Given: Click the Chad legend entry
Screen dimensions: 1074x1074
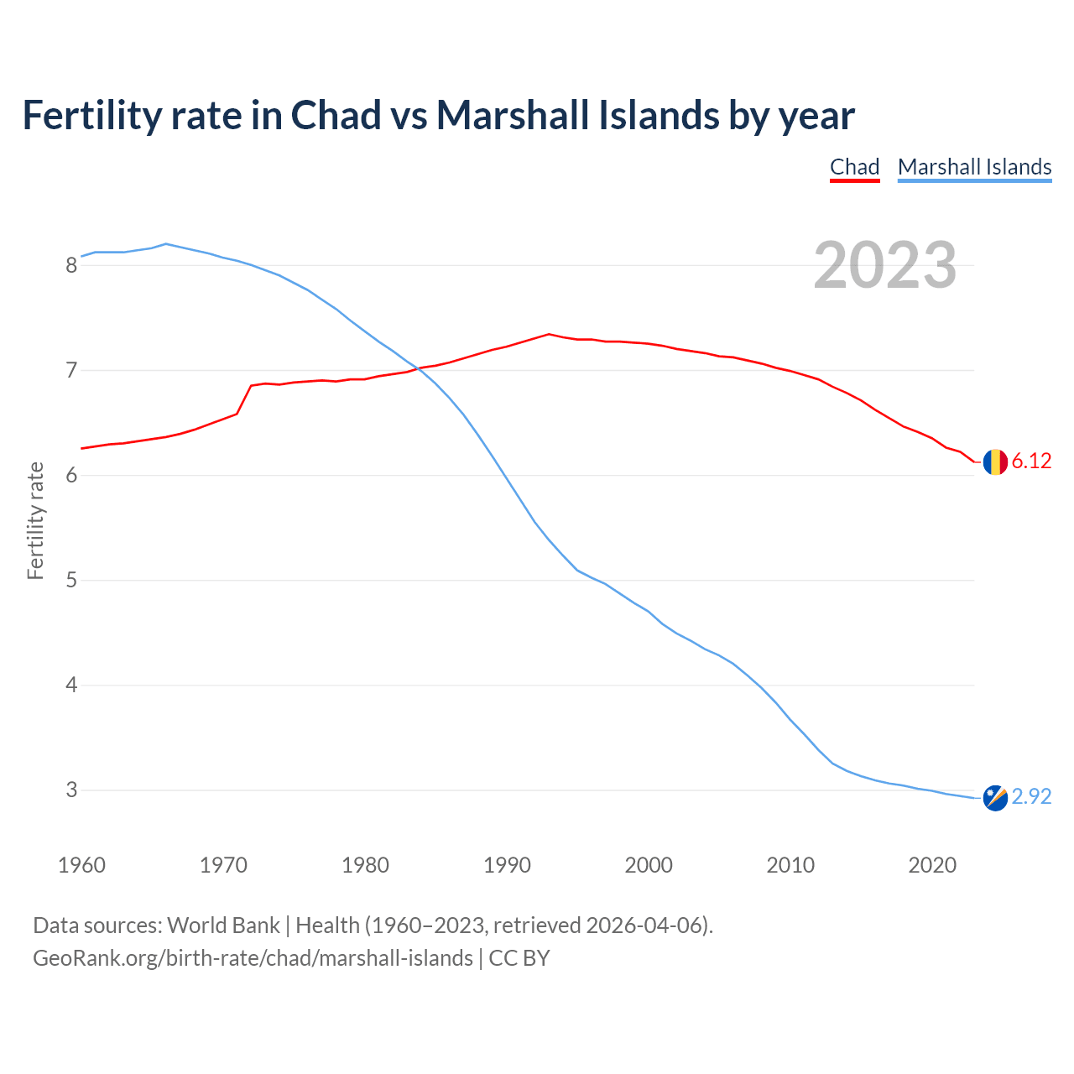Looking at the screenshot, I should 854,167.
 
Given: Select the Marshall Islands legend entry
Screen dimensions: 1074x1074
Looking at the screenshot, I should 974,167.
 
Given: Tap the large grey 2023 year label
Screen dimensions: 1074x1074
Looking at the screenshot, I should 885,265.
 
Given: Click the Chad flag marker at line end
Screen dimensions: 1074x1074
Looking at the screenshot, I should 995,461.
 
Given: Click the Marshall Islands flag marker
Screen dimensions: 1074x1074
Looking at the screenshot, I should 995,798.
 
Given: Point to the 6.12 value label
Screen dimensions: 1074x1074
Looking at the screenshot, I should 1031,461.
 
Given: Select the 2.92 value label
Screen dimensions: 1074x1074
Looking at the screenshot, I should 1031,797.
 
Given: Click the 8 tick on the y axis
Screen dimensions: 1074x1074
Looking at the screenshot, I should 71,266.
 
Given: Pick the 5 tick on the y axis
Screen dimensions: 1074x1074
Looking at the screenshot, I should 71,581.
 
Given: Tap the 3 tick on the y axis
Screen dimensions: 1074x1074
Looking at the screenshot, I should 71,790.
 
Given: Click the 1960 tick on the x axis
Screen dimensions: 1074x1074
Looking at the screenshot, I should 81,865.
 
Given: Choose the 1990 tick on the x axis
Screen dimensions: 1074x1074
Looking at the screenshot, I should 507,865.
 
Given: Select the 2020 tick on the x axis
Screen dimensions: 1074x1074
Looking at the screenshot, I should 932,865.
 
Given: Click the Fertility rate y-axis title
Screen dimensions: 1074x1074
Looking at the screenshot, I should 35,520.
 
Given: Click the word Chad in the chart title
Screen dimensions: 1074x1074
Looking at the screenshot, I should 336,115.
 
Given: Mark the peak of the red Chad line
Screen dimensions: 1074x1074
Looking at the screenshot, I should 549,334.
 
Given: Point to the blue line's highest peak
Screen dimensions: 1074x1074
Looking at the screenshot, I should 166,243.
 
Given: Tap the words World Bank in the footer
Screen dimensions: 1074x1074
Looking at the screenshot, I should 223,925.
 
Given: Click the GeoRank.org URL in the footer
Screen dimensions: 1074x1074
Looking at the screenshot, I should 253,958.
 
